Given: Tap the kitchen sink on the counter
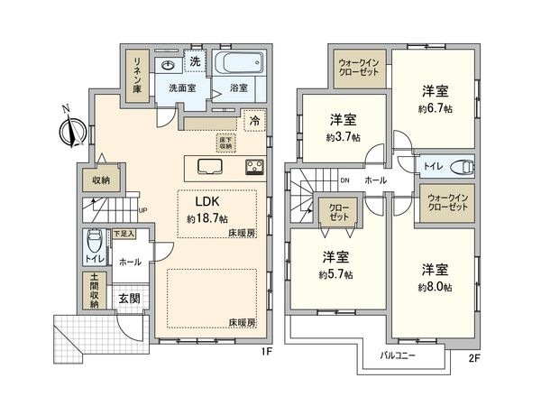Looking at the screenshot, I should (206, 167).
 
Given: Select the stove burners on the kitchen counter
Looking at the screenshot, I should (252, 167).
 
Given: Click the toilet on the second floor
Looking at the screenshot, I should (462, 166).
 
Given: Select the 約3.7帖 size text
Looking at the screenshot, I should (343, 137).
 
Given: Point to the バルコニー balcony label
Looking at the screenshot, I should (397, 355).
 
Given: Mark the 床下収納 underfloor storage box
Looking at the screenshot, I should (225, 142).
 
